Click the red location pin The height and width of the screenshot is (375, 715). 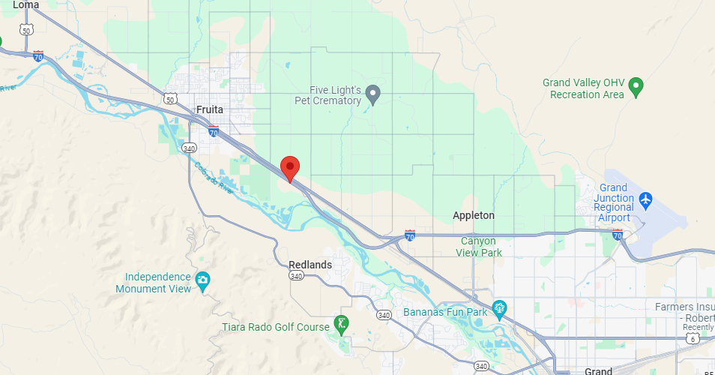[x=290, y=167]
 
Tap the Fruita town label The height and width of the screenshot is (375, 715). [x=210, y=109]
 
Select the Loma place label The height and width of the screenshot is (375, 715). [x=26, y=5]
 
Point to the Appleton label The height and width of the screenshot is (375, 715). [x=474, y=215]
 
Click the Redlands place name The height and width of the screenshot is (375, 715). [x=310, y=265]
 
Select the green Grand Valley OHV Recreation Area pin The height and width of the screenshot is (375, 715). [x=636, y=87]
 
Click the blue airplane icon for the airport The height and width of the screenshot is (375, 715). [x=646, y=200]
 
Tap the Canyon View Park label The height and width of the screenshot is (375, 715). [x=479, y=247]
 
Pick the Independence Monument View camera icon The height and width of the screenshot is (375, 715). [x=202, y=282]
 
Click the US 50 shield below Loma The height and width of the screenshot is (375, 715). [x=27, y=29]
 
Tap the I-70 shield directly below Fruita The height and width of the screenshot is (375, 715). [x=214, y=131]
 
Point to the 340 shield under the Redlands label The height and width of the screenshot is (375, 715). [x=297, y=276]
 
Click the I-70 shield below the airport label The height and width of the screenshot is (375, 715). [x=617, y=235]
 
